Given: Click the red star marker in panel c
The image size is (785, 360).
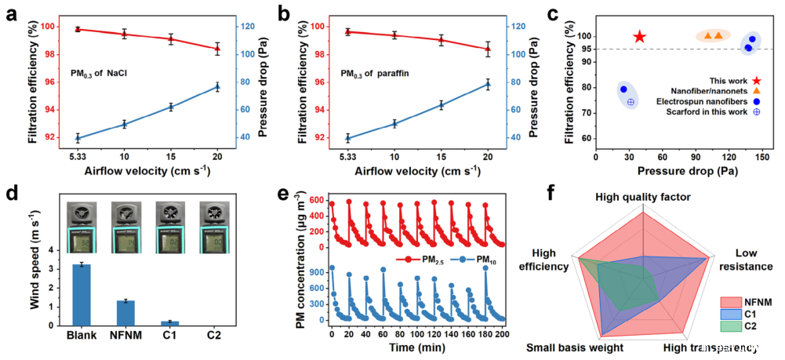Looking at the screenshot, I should [640, 36].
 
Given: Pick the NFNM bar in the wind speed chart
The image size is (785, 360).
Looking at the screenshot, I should [125, 312].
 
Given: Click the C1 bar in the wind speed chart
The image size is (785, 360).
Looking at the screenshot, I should [169, 322].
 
